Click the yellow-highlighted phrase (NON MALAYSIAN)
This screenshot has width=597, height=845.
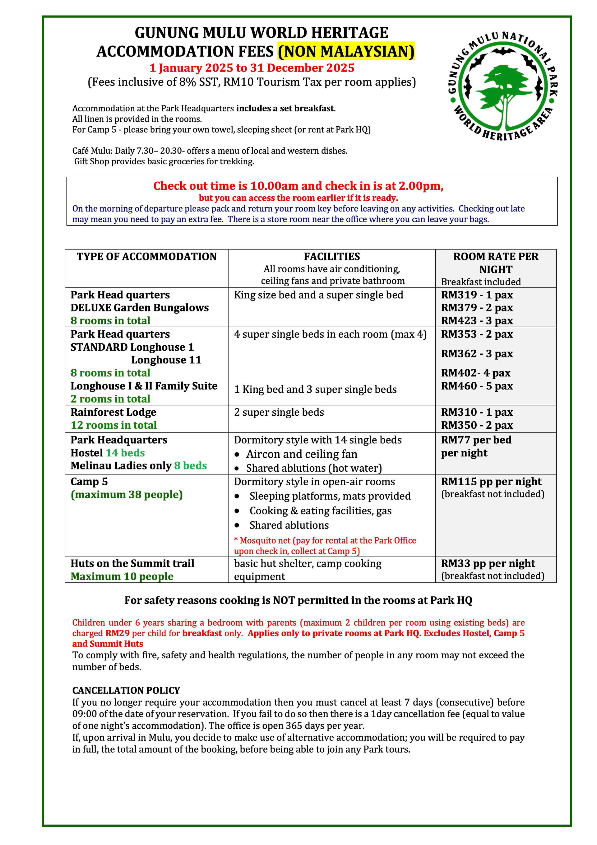pos(346,51)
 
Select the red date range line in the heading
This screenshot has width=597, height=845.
pos(252,68)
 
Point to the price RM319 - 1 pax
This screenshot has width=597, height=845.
pos(477,295)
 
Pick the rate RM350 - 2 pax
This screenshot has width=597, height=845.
pos(477,425)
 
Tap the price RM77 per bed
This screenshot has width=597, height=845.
pos(476,440)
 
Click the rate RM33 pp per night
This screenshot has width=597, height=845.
pos(488,563)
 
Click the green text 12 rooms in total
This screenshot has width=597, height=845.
pos(114,425)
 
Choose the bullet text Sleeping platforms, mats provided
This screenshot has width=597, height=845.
pos(330,496)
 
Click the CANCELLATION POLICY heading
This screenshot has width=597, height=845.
pos(126,690)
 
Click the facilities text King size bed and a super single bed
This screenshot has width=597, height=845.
pos(318,295)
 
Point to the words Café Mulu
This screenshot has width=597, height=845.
pos(92,151)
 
